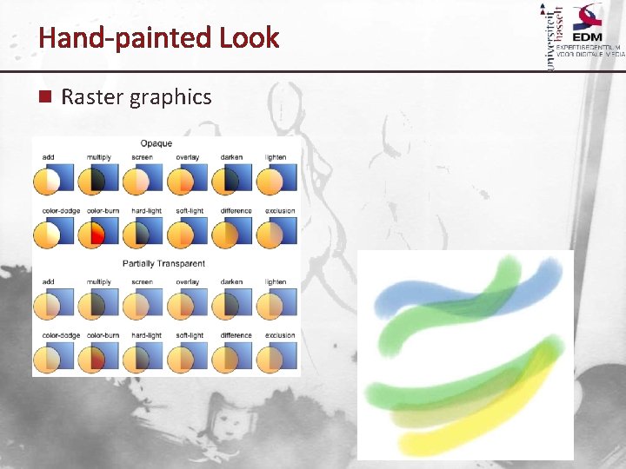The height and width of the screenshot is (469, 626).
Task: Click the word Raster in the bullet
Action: (x=91, y=97)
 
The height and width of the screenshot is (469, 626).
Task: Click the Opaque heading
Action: (x=156, y=143)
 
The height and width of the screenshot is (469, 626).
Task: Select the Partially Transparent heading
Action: (x=163, y=263)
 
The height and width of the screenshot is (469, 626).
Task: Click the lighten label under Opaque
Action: (x=276, y=158)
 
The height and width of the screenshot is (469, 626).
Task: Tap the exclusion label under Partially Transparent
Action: (x=279, y=335)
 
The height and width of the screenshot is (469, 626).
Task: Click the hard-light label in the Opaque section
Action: (x=146, y=211)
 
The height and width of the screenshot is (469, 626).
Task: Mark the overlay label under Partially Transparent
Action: (x=187, y=282)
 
